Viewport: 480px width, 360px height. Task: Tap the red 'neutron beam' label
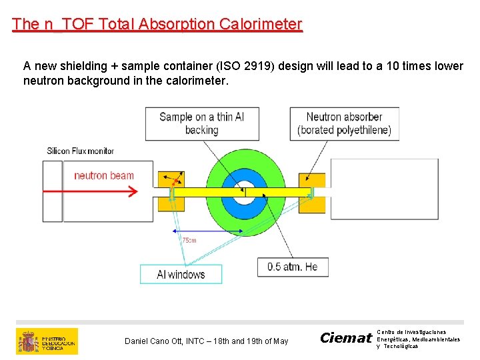(x=104, y=176)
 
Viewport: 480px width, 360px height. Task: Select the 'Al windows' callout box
(x=181, y=274)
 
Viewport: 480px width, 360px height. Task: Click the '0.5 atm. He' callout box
(x=293, y=267)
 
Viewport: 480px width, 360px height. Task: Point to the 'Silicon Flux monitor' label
(x=81, y=151)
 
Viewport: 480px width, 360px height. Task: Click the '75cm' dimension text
(x=189, y=239)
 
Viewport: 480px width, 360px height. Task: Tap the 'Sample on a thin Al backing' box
(x=201, y=123)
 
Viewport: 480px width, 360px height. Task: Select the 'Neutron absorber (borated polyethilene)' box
(x=344, y=123)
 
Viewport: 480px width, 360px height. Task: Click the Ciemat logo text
(x=345, y=338)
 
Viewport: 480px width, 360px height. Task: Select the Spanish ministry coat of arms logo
(x=29, y=341)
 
